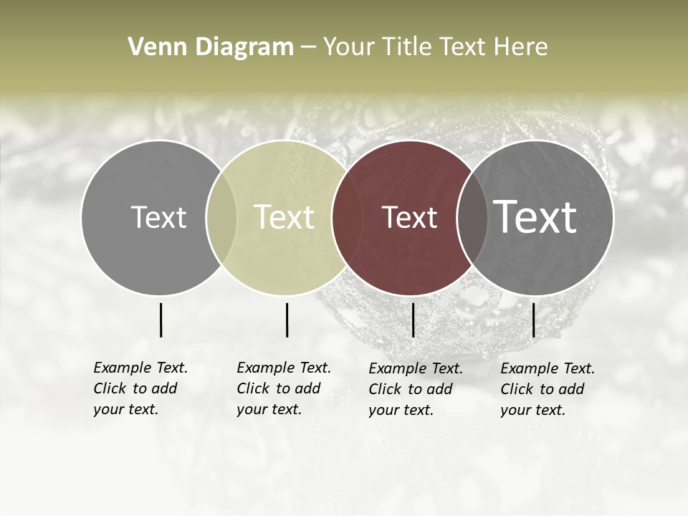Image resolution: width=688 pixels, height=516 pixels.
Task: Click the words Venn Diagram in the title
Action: point(211,47)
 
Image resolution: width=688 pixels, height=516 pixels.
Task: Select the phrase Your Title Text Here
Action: point(435,47)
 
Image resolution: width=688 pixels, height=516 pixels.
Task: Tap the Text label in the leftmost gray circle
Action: point(158,217)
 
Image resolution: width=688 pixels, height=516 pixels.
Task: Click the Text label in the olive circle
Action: point(285,217)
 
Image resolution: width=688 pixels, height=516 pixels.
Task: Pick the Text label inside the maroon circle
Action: point(410,217)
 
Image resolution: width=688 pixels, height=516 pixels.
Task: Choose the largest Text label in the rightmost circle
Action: point(535,216)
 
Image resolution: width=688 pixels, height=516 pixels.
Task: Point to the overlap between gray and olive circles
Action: point(221,217)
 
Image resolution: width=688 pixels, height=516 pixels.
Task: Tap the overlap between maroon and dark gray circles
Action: point(471,217)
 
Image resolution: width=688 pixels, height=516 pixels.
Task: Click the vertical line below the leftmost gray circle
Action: point(161,320)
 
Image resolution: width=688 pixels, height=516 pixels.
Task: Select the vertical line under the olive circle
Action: point(287,320)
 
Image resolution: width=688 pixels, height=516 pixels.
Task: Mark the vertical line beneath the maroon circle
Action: point(413,320)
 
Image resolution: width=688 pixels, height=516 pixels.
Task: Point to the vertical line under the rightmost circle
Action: point(533,320)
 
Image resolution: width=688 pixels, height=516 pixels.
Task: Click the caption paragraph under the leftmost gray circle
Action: point(140,388)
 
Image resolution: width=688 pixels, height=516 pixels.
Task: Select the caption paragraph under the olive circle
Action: point(284,388)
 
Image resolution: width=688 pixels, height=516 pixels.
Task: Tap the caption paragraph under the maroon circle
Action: point(416,389)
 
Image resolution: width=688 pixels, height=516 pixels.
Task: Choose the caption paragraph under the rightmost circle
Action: point(548,389)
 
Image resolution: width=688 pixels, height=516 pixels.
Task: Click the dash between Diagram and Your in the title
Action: point(308,47)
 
